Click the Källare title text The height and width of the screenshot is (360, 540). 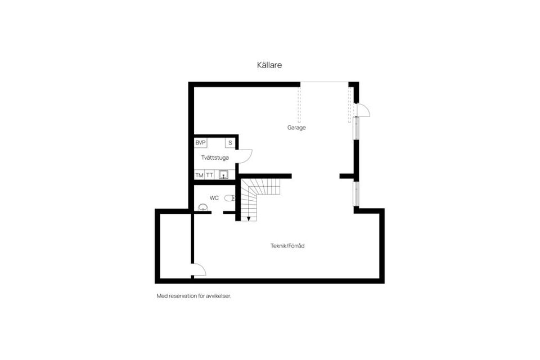[269, 65]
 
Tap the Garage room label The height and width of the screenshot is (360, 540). [296, 128]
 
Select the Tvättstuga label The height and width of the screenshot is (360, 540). [215, 158]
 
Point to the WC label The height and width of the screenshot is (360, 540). [214, 198]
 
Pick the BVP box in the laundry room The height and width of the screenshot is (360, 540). [201, 143]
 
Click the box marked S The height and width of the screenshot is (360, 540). [230, 143]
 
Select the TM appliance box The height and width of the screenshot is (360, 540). [199, 175]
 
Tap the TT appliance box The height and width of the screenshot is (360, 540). [209, 175]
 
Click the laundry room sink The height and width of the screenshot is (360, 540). [224, 174]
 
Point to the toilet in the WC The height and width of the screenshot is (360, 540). [229, 198]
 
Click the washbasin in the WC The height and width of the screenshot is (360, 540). [204, 208]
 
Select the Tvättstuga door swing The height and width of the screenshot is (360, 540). [245, 155]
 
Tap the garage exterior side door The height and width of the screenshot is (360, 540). [363, 110]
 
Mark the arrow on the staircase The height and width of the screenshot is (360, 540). [249, 218]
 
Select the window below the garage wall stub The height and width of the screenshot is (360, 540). [355, 193]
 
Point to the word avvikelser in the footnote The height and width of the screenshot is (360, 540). [218, 296]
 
